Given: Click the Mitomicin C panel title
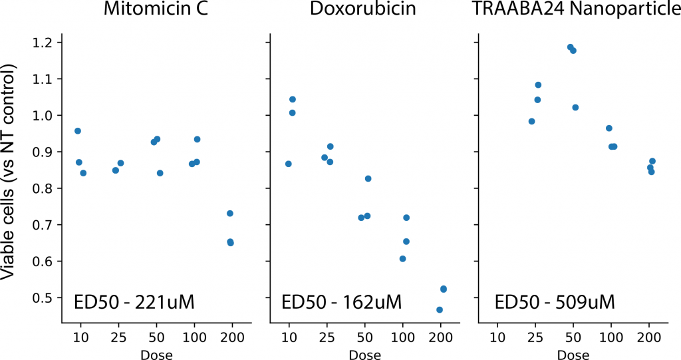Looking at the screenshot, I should pos(156,11).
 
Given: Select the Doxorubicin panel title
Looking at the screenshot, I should pos(364,11).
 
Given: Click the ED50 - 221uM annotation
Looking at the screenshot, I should pos(134,302).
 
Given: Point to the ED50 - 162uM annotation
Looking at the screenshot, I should pos(342,302).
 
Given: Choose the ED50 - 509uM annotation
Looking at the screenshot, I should pos(555,302).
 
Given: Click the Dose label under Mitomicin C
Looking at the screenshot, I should pos(156,355).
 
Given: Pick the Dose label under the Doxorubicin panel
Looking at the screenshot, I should pos(364,355).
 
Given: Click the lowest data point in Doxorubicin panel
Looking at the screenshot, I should pos(440,309).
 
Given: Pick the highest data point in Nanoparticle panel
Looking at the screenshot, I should pos(570,47).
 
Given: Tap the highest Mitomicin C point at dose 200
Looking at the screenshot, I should pos(230,213).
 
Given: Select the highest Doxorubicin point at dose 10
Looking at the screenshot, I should pos(292,99).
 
